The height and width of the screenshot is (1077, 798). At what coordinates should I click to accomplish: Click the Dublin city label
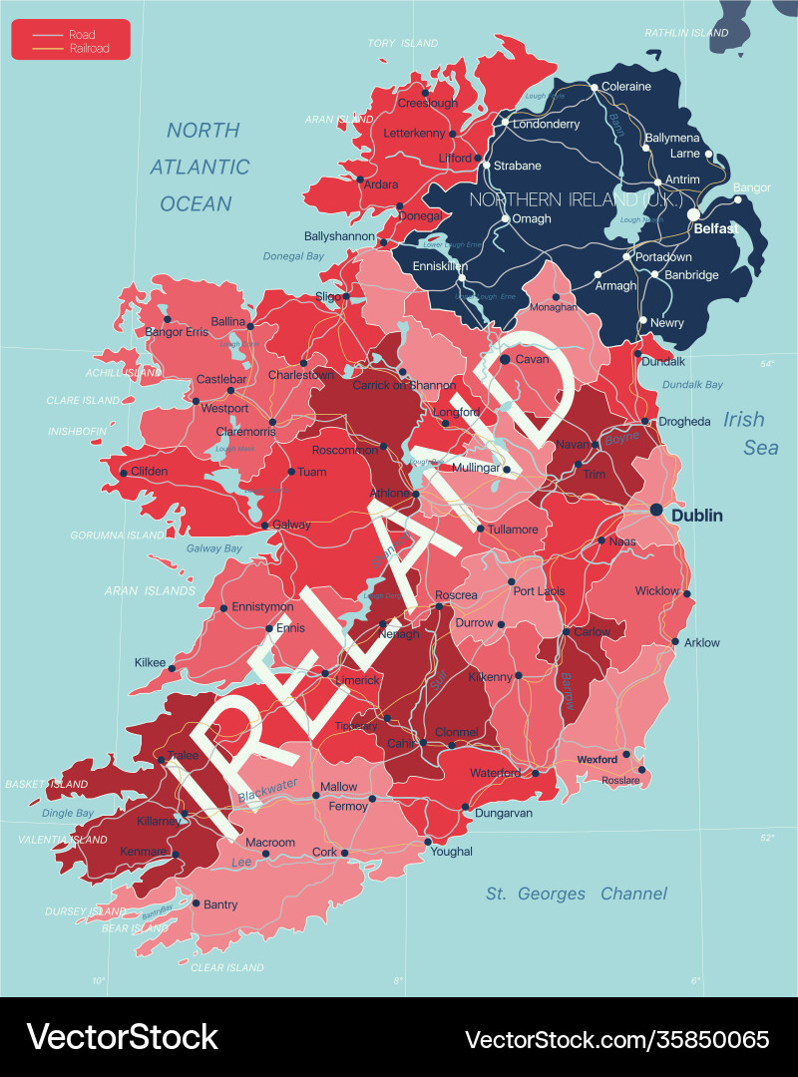click(699, 516)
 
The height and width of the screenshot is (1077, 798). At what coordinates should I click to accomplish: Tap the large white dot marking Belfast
click(693, 214)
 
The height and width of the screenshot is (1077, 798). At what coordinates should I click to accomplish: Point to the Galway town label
click(291, 525)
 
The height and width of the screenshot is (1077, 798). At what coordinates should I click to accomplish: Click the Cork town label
click(324, 853)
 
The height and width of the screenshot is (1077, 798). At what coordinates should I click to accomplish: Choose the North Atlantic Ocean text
click(200, 167)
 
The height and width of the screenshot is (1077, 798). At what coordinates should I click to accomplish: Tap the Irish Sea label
click(751, 433)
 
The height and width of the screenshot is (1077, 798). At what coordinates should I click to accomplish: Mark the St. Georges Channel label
click(577, 894)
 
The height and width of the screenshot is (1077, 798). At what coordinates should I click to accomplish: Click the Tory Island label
click(403, 44)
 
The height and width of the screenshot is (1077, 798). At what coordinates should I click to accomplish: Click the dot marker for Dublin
click(656, 510)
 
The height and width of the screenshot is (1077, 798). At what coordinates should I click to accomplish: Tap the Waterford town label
click(496, 773)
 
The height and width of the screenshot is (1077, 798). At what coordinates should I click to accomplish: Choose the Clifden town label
click(149, 471)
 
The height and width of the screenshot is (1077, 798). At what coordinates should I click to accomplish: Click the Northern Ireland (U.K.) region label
click(577, 199)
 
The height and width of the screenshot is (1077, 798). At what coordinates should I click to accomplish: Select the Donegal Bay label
click(293, 256)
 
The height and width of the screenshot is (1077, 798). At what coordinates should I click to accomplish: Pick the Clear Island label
click(226, 967)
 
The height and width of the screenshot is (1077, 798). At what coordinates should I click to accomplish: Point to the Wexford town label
click(598, 760)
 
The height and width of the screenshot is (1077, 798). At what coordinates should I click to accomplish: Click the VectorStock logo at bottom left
click(122, 1037)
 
